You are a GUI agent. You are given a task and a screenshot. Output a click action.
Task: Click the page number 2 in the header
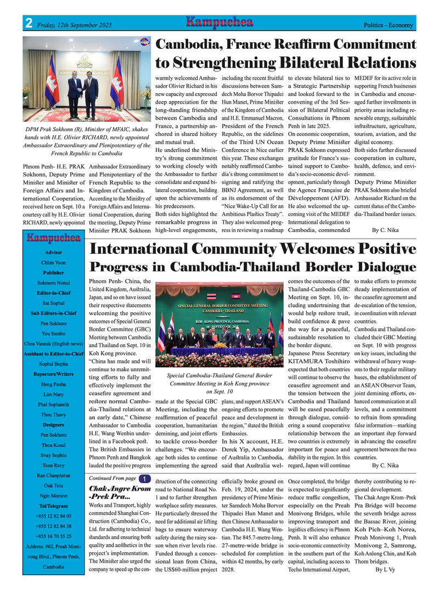coord(27,24)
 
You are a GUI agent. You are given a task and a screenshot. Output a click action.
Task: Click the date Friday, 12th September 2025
coord(74,25)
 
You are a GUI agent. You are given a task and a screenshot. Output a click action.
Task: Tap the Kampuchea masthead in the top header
coord(219,22)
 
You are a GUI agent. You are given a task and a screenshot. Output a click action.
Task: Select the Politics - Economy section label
coord(388,25)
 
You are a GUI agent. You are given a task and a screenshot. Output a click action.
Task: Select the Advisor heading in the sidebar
coord(54,252)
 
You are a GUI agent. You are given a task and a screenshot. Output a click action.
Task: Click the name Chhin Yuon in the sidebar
coord(54,263)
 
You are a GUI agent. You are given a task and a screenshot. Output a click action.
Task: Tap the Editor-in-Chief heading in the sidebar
coord(54,293)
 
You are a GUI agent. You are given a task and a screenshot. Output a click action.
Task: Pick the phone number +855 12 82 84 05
coord(54,516)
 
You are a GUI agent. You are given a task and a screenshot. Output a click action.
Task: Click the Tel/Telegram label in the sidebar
coord(54,506)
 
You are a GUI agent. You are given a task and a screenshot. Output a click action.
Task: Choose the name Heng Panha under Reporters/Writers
coord(54,384)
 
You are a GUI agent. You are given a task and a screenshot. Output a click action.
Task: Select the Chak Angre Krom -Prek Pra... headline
coord(119,492)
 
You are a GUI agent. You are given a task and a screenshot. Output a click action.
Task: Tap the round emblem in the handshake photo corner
coord(145,42)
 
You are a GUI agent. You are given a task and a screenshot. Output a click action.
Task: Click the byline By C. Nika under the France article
coord(385,230)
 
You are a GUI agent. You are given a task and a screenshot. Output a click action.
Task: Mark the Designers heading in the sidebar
coord(54,425)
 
